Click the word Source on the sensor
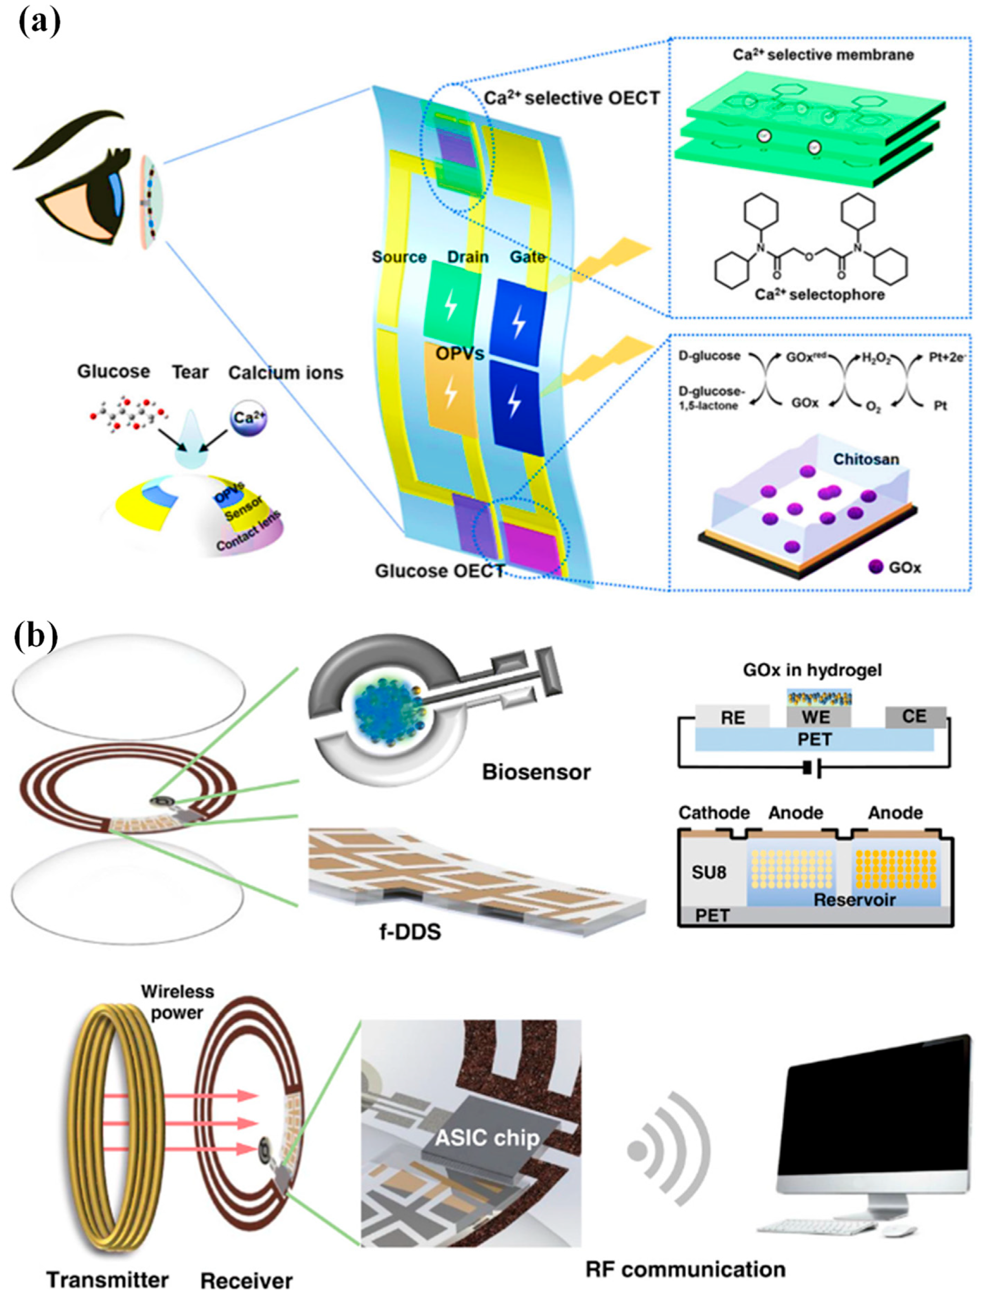[x=399, y=257]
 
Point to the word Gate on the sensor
[x=527, y=256]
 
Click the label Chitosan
[x=866, y=459]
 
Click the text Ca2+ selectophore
[x=819, y=294]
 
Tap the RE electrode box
[x=732, y=718]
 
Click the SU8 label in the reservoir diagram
[x=709, y=873]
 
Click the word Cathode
[x=714, y=813]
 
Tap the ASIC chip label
[x=487, y=1138]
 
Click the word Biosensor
[x=536, y=772]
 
